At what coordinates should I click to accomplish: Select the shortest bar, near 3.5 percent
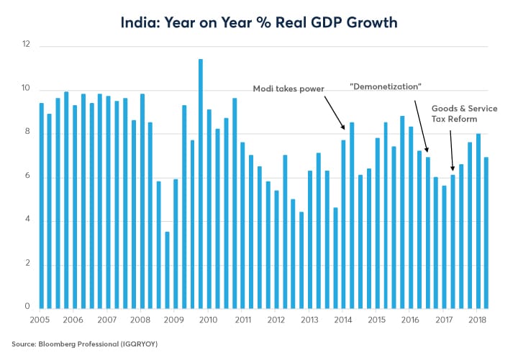pos(167,270)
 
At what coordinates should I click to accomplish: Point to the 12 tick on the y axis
pos(27,45)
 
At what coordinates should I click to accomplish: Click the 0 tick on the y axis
pos(27,307)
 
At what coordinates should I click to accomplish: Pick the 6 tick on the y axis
pos(27,177)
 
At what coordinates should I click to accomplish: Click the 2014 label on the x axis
pos(343,320)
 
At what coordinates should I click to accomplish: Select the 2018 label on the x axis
pos(478,320)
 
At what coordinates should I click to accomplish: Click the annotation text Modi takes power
pos(288,89)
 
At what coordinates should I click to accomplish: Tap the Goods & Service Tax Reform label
pos(464,114)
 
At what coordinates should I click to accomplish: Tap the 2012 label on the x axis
pos(276,320)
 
